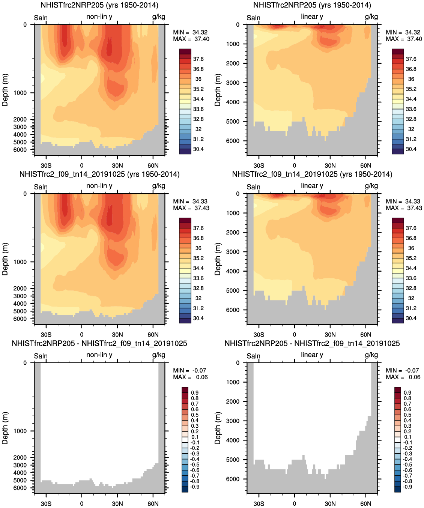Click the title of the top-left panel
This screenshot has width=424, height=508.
coord(99,5)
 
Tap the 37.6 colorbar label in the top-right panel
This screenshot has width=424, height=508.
coord(411,59)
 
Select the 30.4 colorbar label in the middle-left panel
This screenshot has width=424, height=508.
coord(198,318)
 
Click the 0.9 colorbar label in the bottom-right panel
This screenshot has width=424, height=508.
coord(407,392)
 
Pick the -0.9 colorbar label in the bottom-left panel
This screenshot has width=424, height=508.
coord(195,487)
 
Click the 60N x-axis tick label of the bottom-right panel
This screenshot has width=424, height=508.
coord(366,503)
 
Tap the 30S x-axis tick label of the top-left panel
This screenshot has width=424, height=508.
coord(46,165)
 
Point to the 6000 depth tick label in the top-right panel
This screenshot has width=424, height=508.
coord(233,141)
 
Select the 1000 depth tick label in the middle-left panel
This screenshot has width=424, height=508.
coord(20,262)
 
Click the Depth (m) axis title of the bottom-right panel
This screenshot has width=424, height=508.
coord(218,428)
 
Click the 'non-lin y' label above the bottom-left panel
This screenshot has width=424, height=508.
coord(99,355)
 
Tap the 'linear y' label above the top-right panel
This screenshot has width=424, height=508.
coord(312,17)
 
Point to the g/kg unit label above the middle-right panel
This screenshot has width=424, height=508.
coord(371,186)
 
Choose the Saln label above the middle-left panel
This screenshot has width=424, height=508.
coord(41,187)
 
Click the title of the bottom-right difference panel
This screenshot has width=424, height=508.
coord(312,343)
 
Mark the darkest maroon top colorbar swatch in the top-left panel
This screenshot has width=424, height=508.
coord(185,51)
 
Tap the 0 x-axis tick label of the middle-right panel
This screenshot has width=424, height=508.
coord(295,335)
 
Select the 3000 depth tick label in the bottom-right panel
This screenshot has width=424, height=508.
coord(233,421)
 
